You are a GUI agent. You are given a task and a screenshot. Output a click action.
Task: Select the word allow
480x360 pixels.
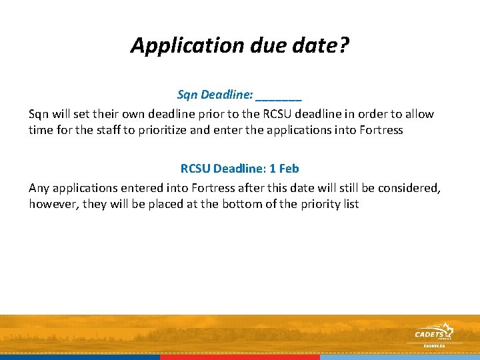pyautogui.click(x=419, y=114)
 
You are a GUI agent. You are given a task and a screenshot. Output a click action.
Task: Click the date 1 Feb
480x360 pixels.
pyautogui.click(x=284, y=169)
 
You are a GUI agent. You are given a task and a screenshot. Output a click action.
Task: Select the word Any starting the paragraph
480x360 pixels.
pyautogui.click(x=39, y=188)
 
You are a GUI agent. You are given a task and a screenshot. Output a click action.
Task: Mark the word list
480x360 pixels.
pyautogui.click(x=349, y=204)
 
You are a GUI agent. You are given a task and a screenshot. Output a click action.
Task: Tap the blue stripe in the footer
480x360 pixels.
pyautogui.click(x=80, y=357)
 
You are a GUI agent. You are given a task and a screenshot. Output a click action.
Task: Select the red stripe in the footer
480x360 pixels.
pyautogui.click(x=240, y=357)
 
